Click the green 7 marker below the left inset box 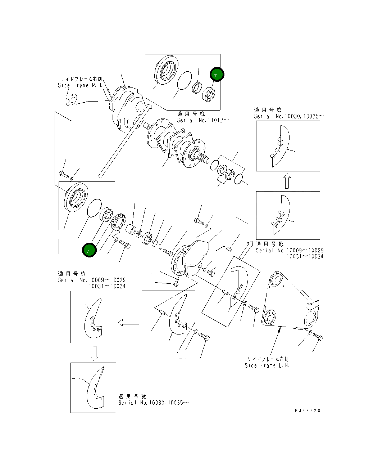pos(89,250)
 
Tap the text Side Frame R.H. pos(80,85)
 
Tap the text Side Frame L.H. pos(267,365)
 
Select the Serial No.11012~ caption pos(202,120)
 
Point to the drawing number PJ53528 pos(308,410)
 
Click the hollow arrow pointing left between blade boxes pos(128,323)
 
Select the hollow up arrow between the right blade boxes pos(287,181)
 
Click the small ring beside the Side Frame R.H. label pos(72,100)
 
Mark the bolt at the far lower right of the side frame pos(318,337)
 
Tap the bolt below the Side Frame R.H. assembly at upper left pos(64,175)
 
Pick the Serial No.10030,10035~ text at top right pos(289,116)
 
